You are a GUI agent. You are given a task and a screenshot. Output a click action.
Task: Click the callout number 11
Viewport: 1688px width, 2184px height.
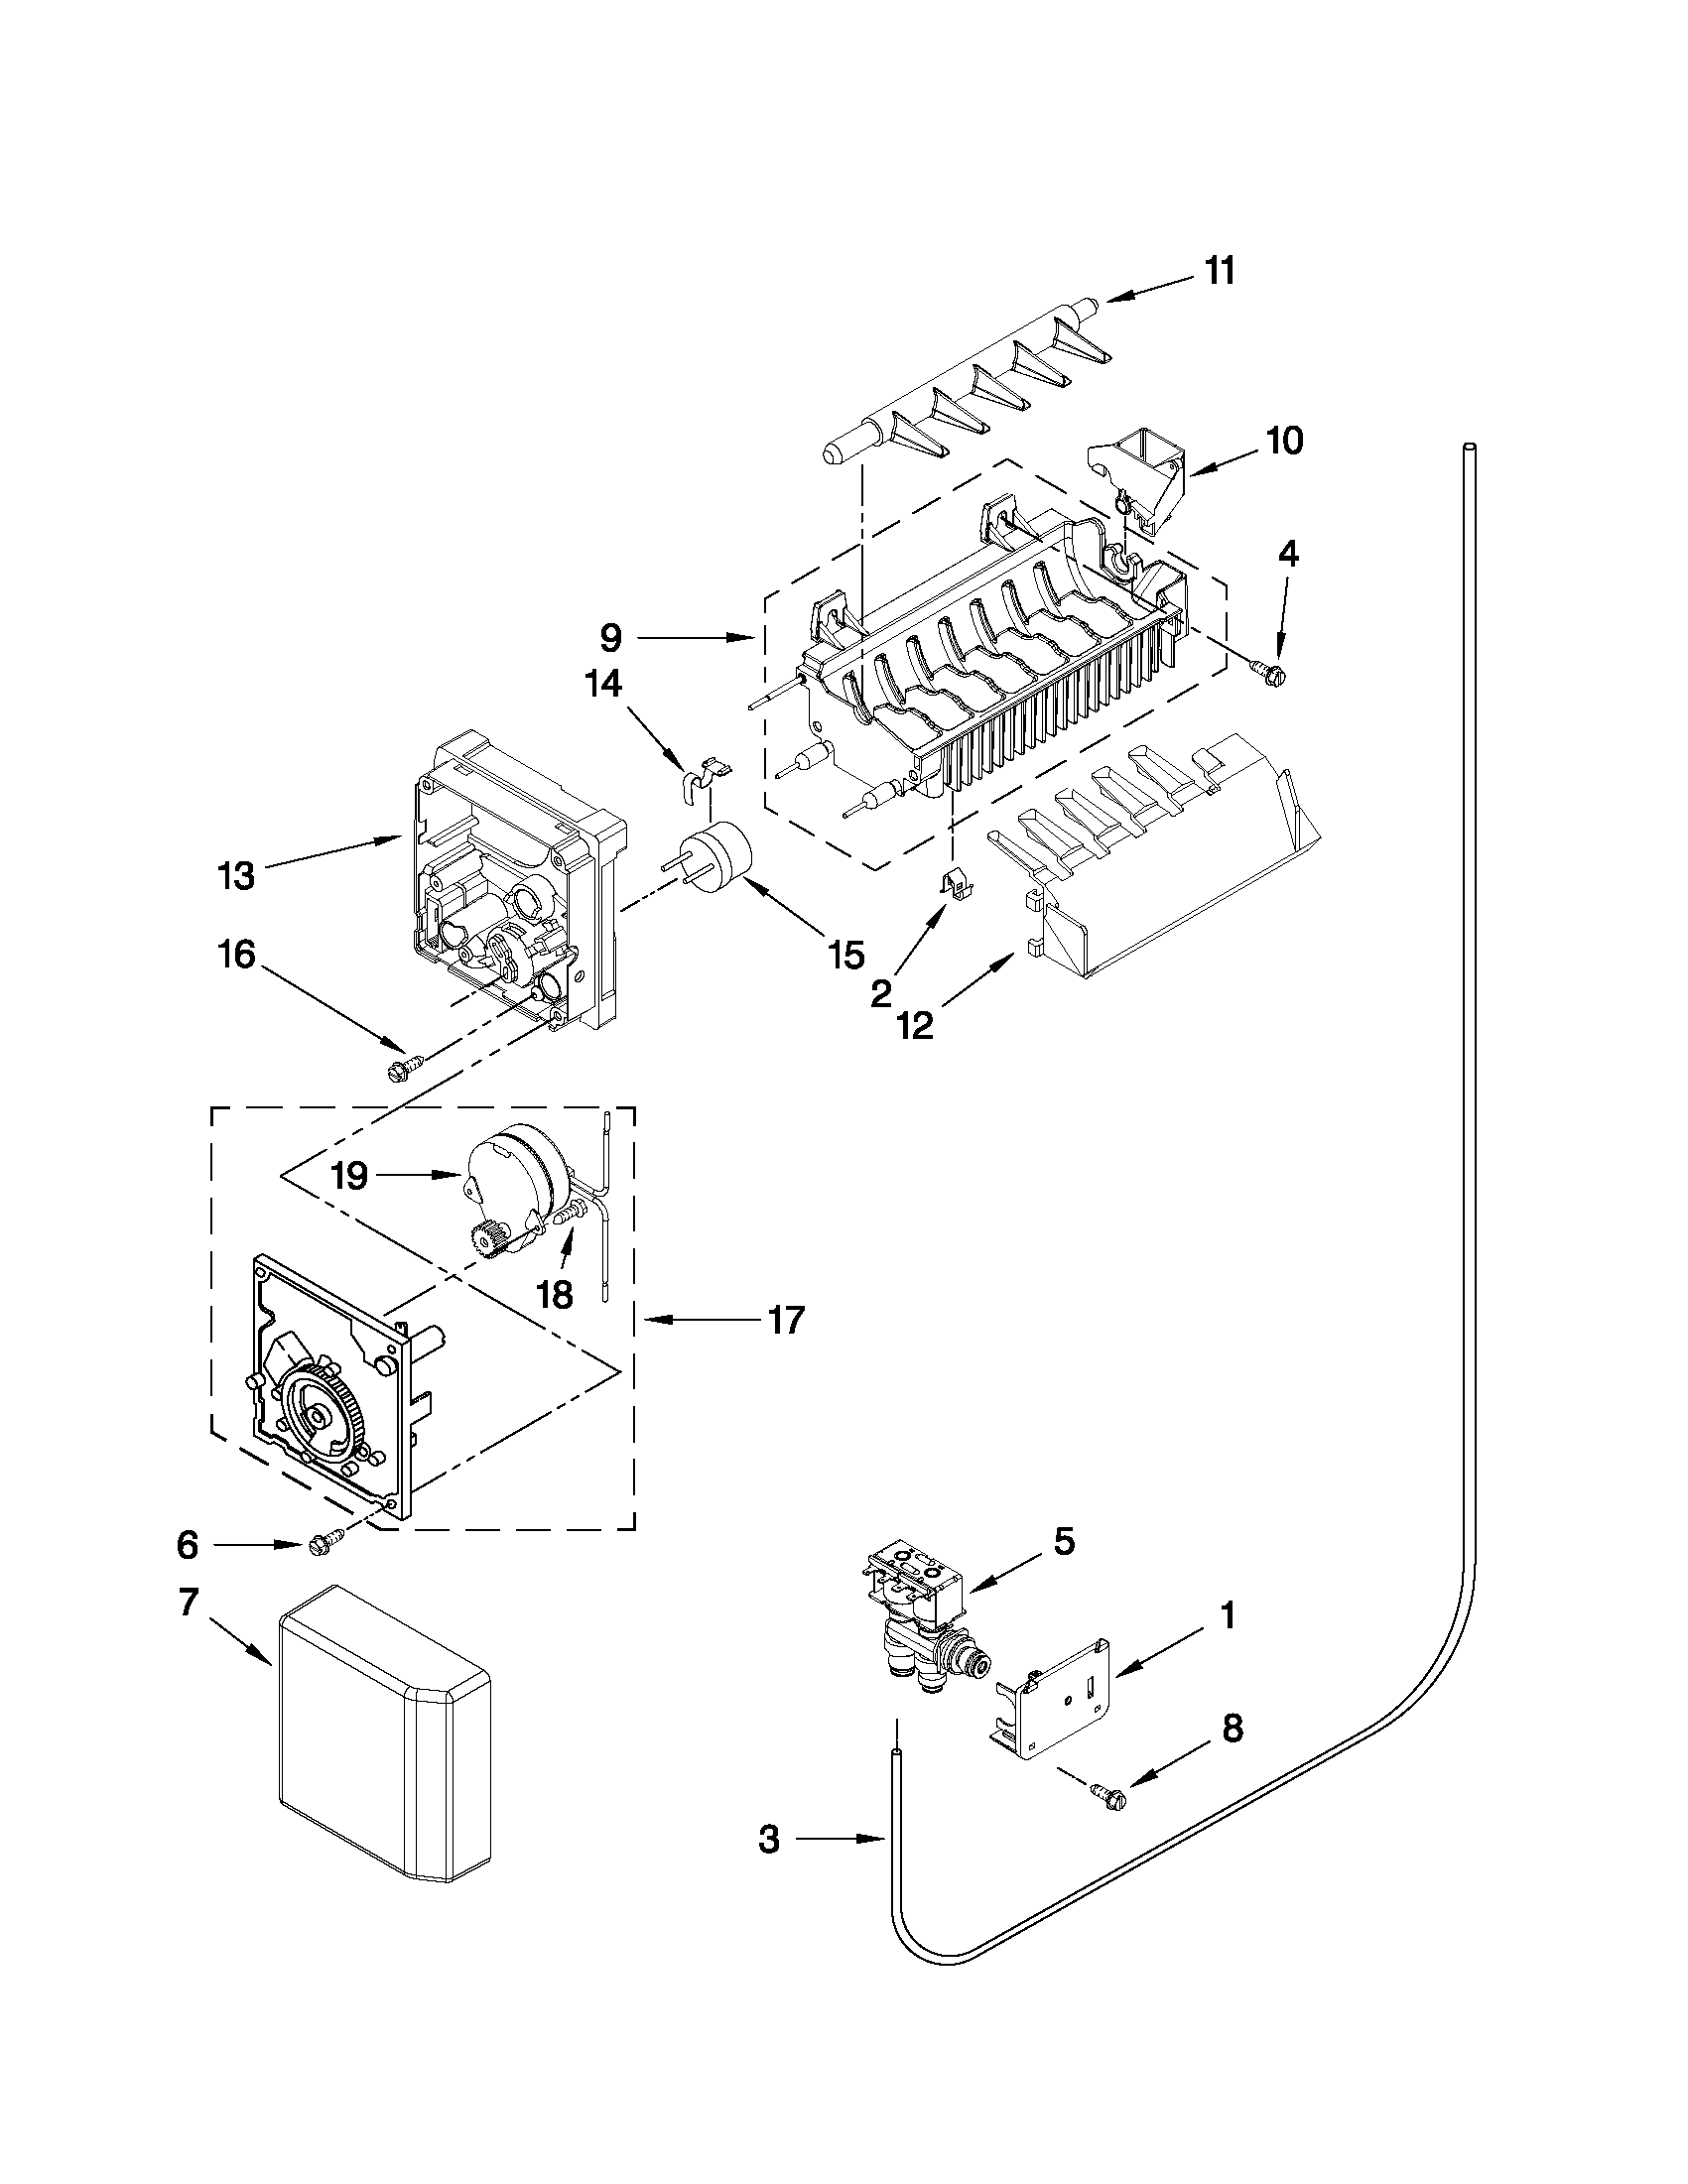(1218, 271)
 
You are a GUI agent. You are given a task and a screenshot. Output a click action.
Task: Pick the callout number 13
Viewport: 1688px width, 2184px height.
(237, 876)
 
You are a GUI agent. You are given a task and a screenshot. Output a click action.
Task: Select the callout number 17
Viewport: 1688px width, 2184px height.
(785, 1320)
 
